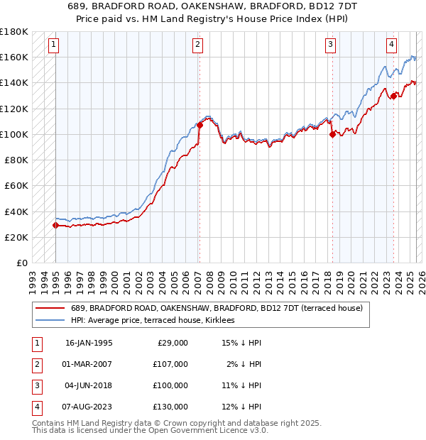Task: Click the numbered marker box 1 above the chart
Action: tap(55, 45)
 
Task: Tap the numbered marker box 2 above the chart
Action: tap(198, 45)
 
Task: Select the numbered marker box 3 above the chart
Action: tap(331, 45)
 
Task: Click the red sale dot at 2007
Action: tap(200, 125)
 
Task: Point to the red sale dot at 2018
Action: tap(332, 134)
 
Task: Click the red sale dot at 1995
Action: tap(55, 225)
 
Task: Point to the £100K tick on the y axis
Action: tap(14, 134)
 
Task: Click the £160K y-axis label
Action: tap(14, 57)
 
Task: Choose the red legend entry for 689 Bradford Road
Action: tap(217, 308)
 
